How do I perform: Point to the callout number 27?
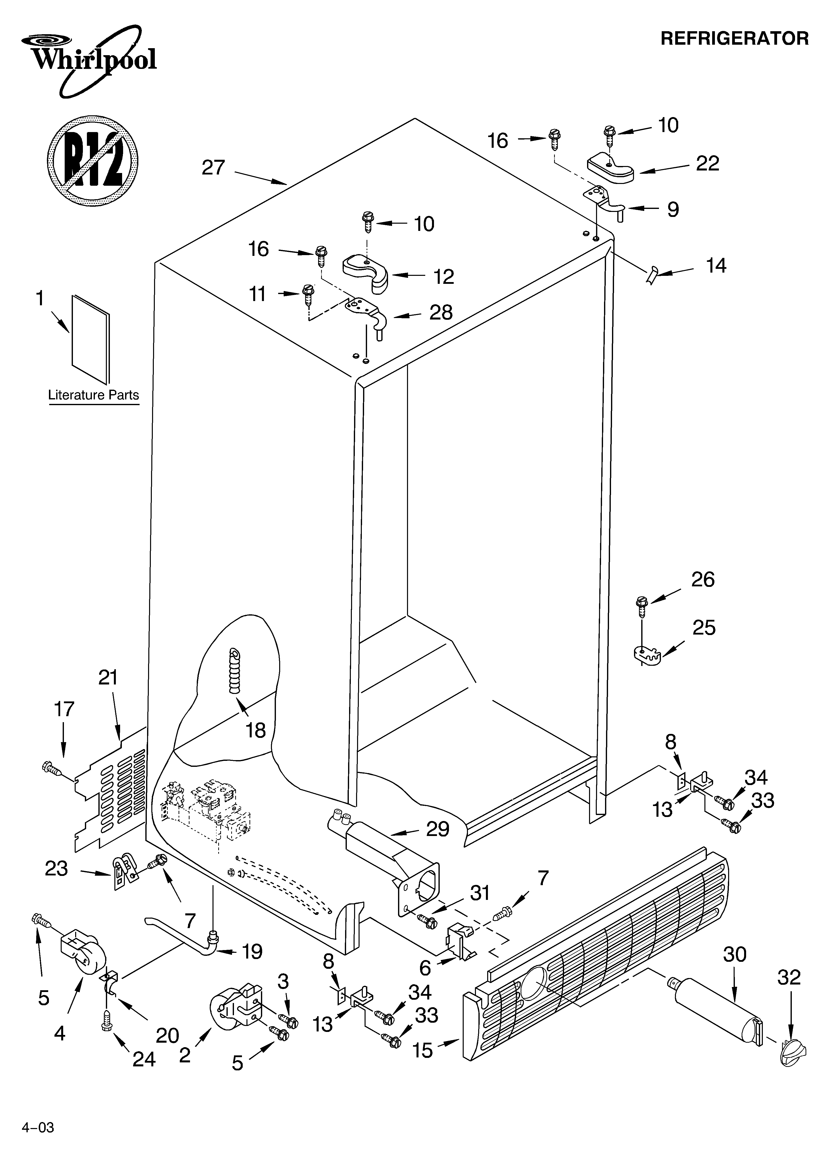[x=213, y=167]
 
